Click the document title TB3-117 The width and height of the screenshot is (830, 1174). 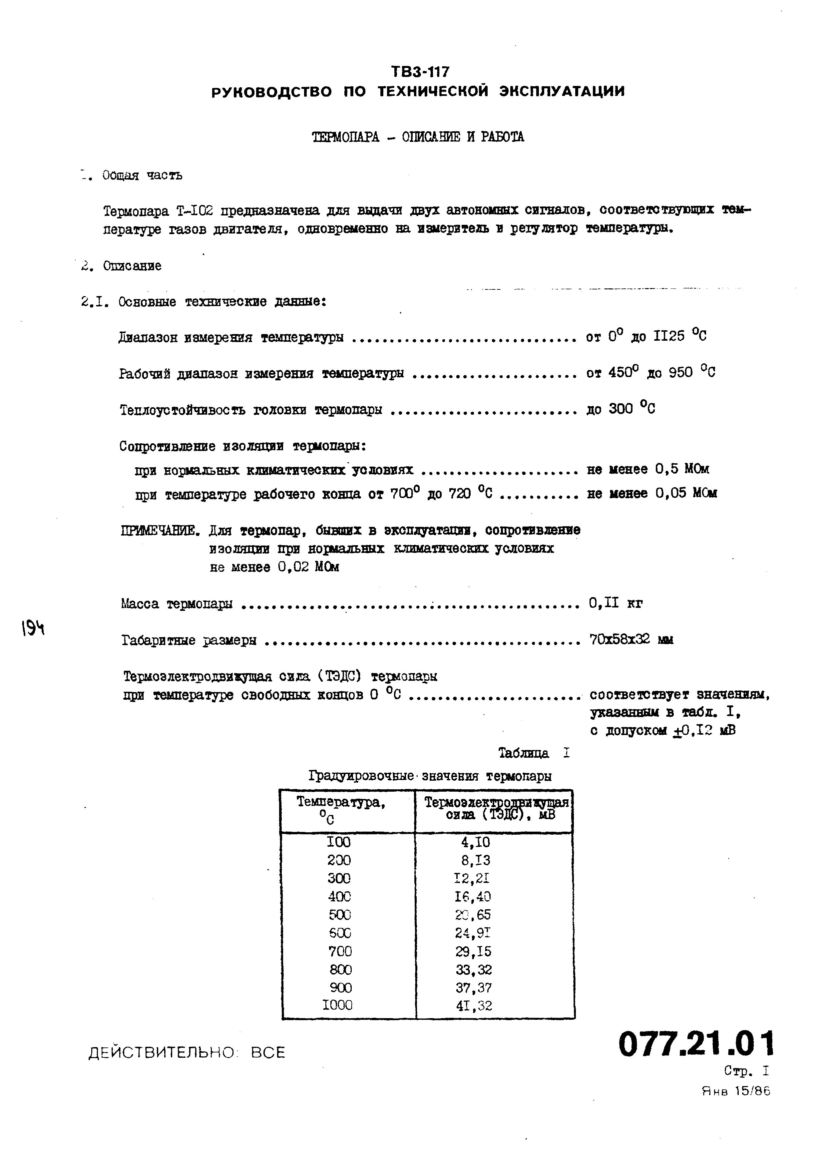click(x=420, y=71)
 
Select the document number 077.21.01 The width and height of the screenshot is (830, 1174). click(x=696, y=1044)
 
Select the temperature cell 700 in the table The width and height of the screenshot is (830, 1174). click(x=340, y=952)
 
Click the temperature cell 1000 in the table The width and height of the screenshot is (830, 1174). click(x=337, y=1005)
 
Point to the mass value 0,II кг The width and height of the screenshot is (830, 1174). click(x=616, y=603)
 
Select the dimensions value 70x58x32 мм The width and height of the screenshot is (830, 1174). click(x=631, y=640)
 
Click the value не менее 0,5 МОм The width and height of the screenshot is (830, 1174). click(x=648, y=469)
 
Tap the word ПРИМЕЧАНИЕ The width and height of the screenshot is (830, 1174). click(x=160, y=531)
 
